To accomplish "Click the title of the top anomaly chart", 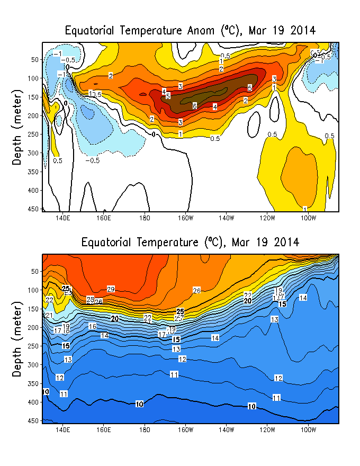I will pos(190,30).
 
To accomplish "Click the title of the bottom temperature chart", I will pos(190,242).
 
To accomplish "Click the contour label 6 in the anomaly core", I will pos(195,106).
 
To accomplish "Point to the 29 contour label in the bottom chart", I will pos(111,289).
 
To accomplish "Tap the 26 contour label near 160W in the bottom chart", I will pos(196,291).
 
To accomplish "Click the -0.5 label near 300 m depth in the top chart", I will pos(93,160).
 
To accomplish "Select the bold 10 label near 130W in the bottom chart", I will pos(252,406).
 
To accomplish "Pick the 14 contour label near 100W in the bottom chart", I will pos(303,298).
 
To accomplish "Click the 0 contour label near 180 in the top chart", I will pos(154,135).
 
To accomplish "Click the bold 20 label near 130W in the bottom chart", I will pos(247,301).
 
